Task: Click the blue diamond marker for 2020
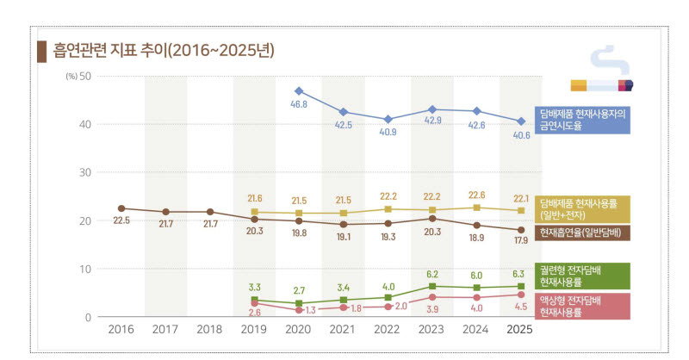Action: (x=299, y=91)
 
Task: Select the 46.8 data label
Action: (x=299, y=104)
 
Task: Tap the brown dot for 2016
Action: (x=121, y=208)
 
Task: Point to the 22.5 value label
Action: (x=121, y=220)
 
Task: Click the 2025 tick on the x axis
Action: (x=519, y=329)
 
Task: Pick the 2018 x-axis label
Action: (x=209, y=329)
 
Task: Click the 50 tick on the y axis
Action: (x=85, y=76)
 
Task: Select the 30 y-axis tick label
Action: (x=85, y=172)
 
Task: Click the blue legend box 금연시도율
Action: (x=582, y=120)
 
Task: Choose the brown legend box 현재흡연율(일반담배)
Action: (x=582, y=233)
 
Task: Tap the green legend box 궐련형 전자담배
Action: (x=582, y=276)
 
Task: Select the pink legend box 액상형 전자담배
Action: (x=582, y=307)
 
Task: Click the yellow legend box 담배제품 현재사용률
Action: (x=582, y=209)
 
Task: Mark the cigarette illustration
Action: (x=602, y=85)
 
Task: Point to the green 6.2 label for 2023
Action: (x=432, y=274)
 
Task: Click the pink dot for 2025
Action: (x=521, y=295)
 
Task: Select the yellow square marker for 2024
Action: (x=476, y=208)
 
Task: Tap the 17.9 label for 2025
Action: (x=521, y=240)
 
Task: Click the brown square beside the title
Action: (x=41, y=52)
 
